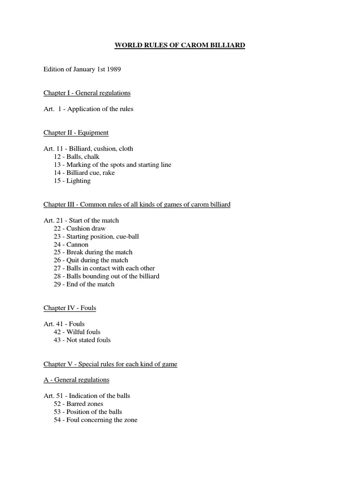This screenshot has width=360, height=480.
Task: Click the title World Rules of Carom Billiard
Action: point(180,45)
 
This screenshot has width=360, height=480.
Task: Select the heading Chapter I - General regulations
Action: point(87,93)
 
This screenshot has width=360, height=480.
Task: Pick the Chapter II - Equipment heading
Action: point(76,133)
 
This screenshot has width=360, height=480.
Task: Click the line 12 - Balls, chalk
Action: point(76,157)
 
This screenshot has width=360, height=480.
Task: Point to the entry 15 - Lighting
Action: point(72,180)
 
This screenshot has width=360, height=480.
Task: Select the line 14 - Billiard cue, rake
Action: point(84,172)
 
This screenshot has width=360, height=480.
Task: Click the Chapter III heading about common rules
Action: point(137,204)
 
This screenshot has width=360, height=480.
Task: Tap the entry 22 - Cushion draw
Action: point(79,228)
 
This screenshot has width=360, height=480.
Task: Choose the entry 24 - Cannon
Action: point(71,244)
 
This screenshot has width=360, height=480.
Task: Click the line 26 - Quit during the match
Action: point(90,260)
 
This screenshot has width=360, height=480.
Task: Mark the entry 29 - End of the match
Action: point(84,284)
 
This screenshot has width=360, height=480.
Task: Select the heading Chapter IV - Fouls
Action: point(70,308)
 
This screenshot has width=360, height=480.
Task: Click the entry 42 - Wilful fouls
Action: point(77,332)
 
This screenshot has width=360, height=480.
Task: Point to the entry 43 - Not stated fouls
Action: point(82,340)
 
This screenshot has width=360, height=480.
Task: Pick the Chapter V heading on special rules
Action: point(110,364)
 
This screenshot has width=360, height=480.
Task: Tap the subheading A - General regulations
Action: point(76,380)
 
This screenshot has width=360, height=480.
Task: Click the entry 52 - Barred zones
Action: point(78,404)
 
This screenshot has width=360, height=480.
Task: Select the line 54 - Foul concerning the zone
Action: point(95,420)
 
